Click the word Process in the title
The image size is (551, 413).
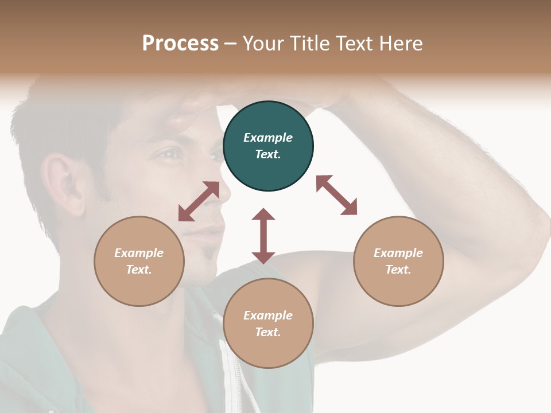tap(180, 43)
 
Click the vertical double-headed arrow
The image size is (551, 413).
tap(263, 236)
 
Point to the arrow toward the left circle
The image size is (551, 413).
tap(199, 201)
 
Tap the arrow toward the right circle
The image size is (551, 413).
tap(337, 195)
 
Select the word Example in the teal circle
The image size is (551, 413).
tap(268, 138)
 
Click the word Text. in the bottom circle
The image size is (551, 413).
tap(268, 332)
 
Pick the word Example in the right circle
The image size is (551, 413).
tap(398, 253)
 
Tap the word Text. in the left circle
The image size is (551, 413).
tap(139, 270)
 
